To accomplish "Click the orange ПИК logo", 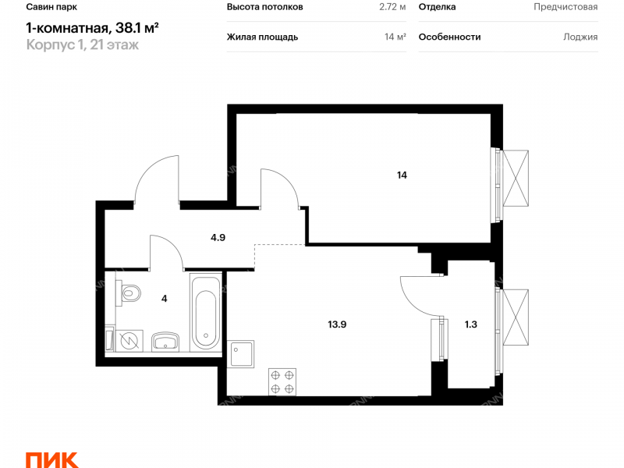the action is tap(51, 460).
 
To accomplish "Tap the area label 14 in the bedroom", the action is tap(402, 175).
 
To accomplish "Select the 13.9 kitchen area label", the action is tap(337, 324).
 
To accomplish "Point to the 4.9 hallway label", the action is tap(218, 238).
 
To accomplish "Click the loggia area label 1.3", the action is tap(471, 324).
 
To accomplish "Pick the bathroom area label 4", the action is tap(165, 299).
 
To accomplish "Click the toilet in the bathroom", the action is tap(128, 293).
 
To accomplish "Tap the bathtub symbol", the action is tap(205, 313).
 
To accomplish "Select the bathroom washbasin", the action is tap(165, 342).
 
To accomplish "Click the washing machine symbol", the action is tap(129, 341).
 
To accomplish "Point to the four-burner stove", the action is tap(282, 381).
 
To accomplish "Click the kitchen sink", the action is tap(240, 353).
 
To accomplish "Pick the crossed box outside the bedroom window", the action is tap(516, 178).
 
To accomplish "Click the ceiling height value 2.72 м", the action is tap(392, 7).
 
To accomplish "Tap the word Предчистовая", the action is tap(565, 7).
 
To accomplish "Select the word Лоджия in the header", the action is tap(580, 37).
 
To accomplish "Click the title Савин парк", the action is tap(51, 7).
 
